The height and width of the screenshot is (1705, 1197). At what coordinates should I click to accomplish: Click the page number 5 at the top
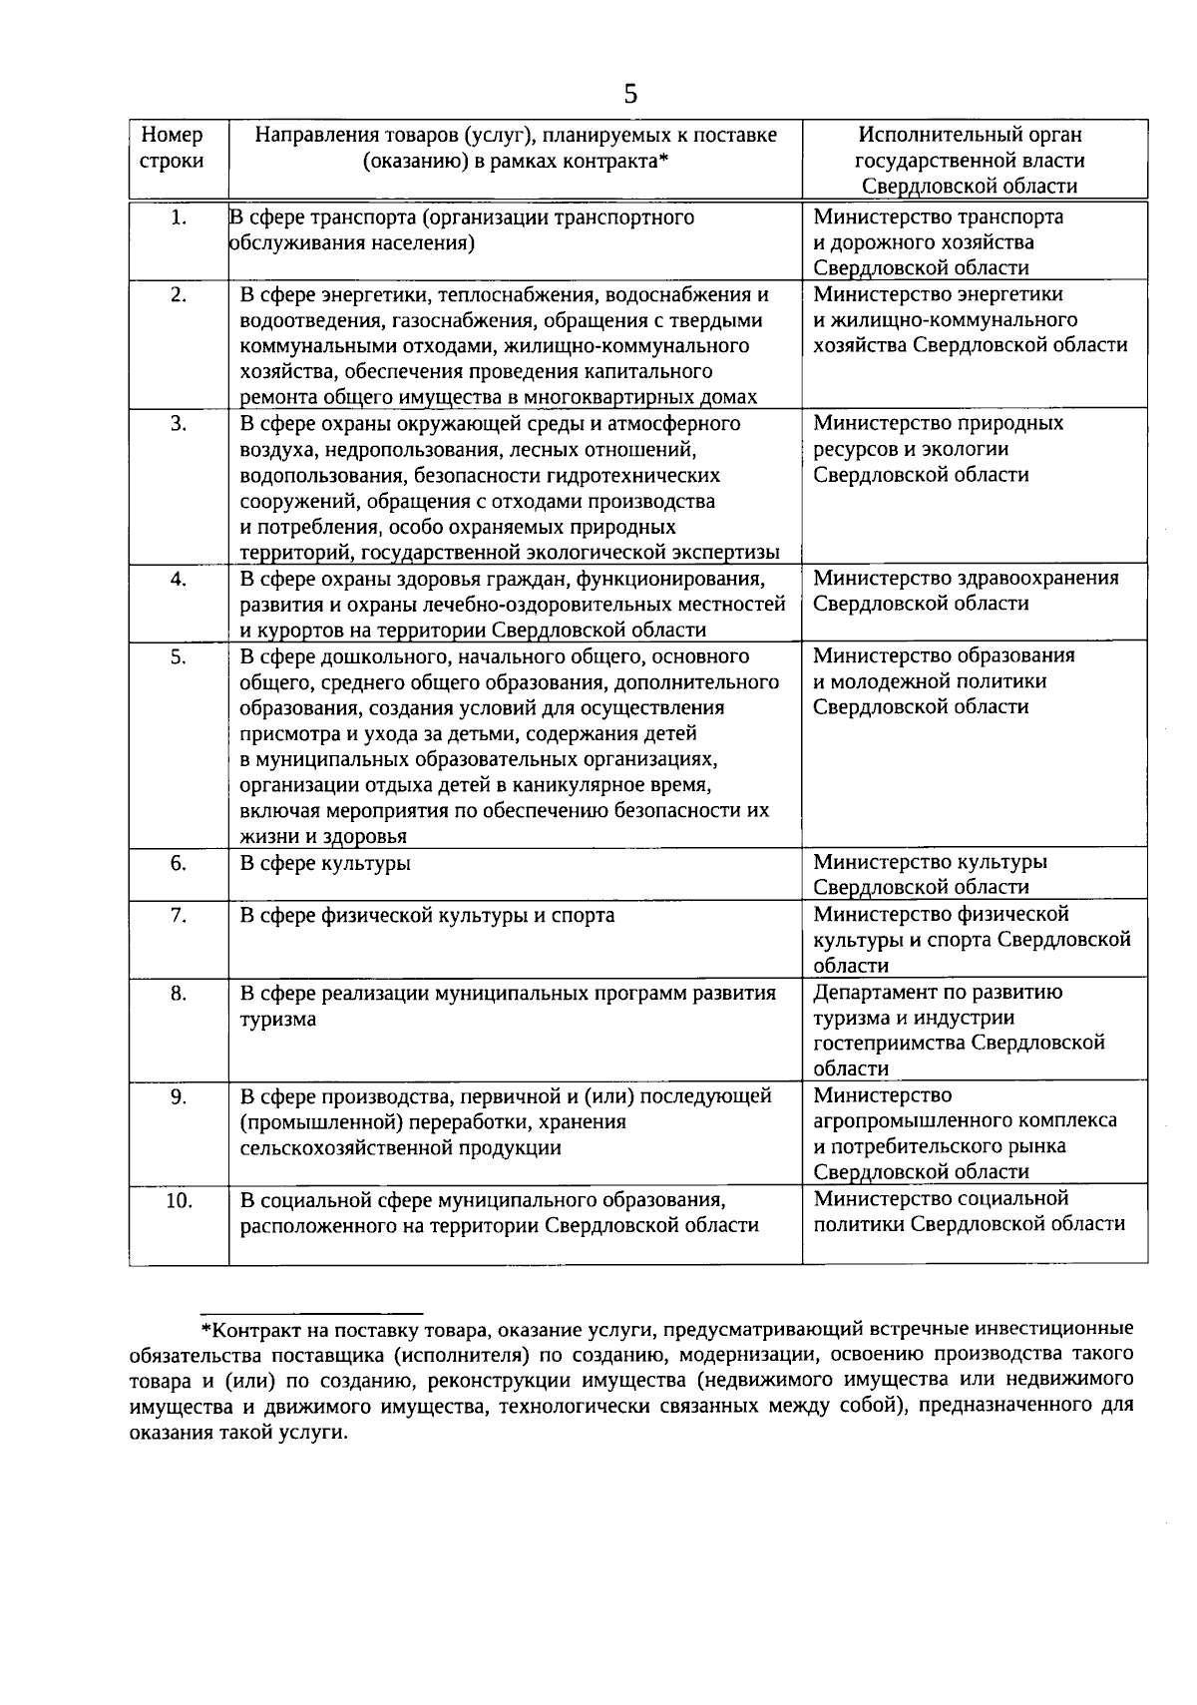pos(629,94)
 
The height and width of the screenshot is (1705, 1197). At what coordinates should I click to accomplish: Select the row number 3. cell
pos(179,424)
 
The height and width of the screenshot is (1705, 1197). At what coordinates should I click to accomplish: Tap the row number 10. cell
pos(179,1200)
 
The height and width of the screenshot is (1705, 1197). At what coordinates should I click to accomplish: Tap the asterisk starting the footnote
pos(206,1331)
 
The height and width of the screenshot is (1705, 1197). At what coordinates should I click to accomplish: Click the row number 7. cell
pos(179,915)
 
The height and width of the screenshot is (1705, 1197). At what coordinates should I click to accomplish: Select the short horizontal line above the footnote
pos(312,1313)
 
